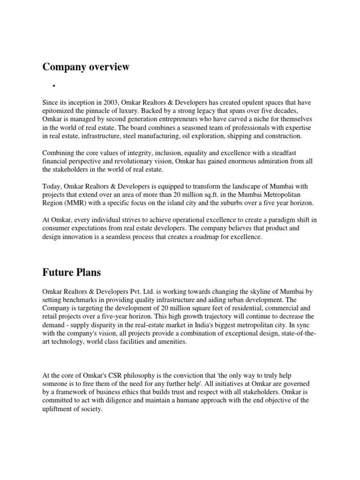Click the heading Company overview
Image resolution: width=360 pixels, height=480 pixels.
(86, 67)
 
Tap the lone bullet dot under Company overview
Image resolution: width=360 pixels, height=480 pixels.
(54, 86)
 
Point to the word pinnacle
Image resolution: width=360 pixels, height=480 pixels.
(126, 111)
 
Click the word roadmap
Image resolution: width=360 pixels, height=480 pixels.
(201, 237)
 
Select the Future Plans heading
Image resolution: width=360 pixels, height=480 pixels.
(71, 272)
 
